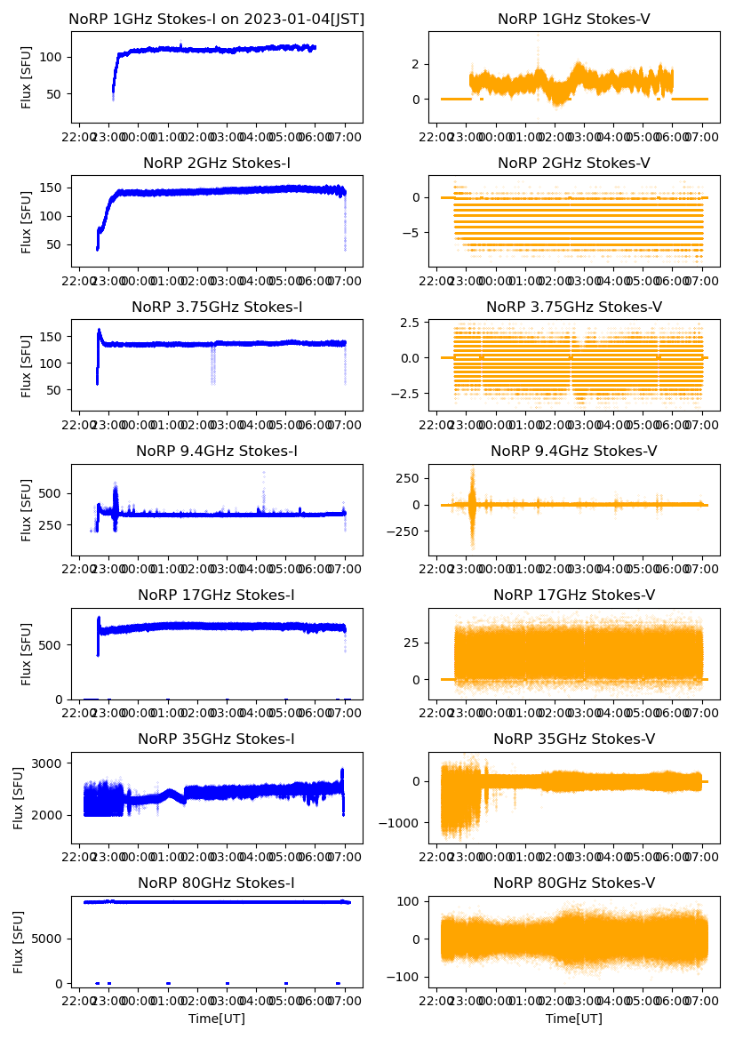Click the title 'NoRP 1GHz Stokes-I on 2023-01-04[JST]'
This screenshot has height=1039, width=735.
(217, 19)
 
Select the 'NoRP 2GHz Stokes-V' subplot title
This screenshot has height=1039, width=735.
(573, 163)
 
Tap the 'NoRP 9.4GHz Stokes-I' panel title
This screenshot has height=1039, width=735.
(217, 452)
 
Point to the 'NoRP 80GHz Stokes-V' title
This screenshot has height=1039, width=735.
(573, 883)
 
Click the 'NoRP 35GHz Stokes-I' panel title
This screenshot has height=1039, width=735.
(217, 739)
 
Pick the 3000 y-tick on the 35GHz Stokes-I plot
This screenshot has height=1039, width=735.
(50, 763)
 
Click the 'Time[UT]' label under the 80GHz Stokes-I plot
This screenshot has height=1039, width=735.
(217, 1019)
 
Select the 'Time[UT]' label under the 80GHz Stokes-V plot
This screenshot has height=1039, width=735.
(573, 1019)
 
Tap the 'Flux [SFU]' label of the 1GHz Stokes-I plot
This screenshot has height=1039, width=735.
(27, 77)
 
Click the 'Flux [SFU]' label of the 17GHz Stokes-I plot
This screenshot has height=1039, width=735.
(27, 654)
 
